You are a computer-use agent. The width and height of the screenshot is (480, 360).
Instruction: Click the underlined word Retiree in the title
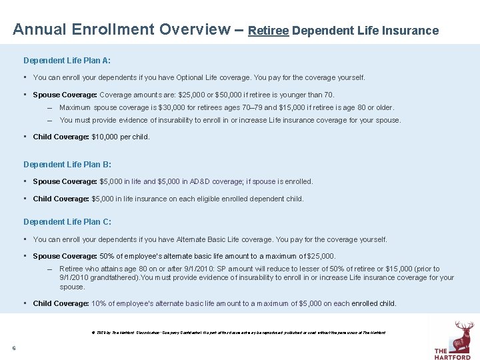pos(268,31)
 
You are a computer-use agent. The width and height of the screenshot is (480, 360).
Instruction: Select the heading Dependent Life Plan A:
pos(67,61)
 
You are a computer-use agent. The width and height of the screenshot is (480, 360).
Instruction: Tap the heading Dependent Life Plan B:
pos(67,164)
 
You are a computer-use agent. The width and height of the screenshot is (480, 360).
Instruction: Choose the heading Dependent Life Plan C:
pos(67,221)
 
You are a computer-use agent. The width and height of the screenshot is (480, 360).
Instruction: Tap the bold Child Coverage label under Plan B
pos(61,199)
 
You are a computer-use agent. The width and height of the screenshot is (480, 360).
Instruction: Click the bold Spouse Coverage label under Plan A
pos(65,95)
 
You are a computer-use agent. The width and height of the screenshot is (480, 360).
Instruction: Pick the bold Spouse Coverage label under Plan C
pos(65,256)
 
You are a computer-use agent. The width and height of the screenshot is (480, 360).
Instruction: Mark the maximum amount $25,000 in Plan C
pos(321,256)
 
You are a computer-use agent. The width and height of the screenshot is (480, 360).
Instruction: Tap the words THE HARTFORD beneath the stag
pos(453,353)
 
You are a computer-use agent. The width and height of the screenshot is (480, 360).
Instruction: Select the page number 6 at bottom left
pos(13,348)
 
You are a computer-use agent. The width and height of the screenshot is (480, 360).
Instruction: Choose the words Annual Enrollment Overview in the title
pos(122,30)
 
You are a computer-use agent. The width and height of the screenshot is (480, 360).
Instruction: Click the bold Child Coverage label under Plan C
pos(61,303)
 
